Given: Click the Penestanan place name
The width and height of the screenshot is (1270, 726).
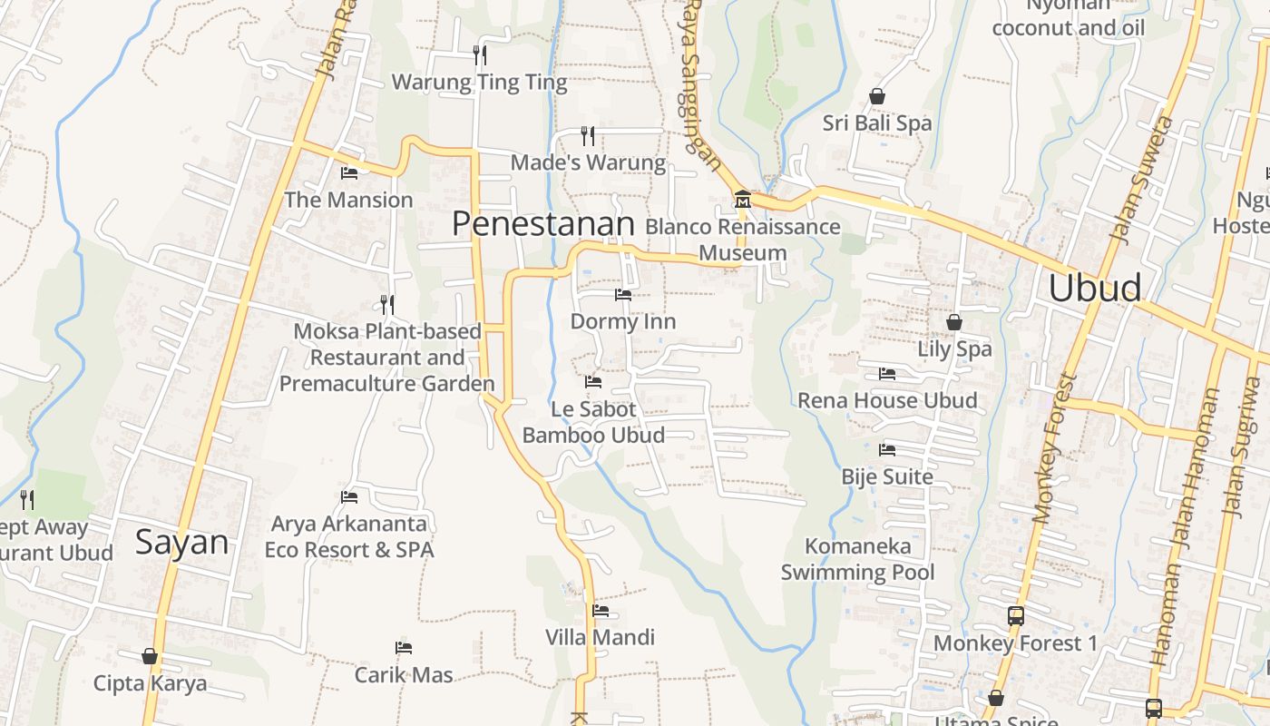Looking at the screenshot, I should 543,223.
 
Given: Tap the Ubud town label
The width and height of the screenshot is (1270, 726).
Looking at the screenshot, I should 1095,287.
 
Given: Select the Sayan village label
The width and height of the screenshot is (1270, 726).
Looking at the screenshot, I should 182,542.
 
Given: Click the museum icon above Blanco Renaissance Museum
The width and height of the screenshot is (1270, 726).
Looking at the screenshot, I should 742,200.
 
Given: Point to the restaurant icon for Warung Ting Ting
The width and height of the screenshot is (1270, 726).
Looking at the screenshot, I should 480,55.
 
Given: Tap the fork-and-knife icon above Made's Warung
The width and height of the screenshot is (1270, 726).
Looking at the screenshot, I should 588,136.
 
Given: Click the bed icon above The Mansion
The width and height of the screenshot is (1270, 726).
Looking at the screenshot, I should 349,173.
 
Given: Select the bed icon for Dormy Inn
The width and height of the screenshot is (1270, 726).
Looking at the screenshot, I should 623,295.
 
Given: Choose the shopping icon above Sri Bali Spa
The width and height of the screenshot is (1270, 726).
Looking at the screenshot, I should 877,96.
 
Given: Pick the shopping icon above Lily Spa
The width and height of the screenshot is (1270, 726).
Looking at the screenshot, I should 954,322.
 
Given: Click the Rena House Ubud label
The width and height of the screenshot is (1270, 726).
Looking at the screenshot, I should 887,400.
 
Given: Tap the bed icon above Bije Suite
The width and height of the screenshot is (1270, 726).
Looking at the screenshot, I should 887,450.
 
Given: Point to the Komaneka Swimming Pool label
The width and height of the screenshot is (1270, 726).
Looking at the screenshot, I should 858,559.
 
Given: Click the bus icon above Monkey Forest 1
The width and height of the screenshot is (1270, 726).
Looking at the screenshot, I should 1016,616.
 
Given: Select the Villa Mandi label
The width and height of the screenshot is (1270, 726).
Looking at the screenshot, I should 600,637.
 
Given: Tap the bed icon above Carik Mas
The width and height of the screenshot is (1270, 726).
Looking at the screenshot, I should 404,648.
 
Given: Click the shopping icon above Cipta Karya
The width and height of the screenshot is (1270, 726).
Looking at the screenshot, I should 150,656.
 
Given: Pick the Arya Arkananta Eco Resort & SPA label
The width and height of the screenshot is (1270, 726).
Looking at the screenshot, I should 349,536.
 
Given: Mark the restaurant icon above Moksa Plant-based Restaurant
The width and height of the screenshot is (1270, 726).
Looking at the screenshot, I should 387,304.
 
